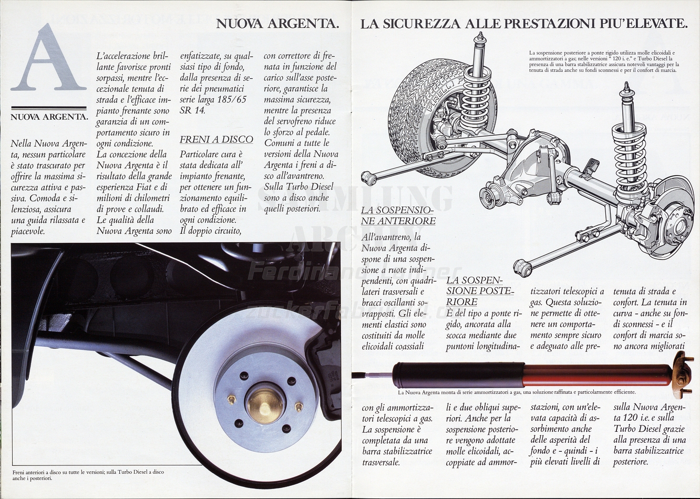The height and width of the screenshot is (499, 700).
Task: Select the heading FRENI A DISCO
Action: (216, 139)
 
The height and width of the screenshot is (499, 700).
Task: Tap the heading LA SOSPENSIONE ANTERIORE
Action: (398, 215)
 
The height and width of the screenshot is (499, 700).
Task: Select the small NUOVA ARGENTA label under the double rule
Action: (48, 117)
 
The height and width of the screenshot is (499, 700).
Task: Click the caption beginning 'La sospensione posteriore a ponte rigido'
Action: (604, 61)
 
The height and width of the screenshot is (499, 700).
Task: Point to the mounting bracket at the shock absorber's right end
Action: (681, 373)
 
